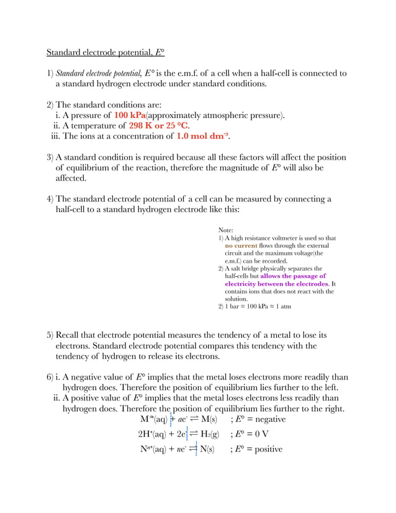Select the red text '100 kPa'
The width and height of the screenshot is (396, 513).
pyautogui.click(x=130, y=115)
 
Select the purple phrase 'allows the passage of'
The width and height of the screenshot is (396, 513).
pyautogui.click(x=292, y=276)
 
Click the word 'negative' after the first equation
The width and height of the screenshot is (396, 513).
pyautogui.click(x=268, y=420)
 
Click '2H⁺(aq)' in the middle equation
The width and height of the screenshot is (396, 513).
pyautogui.click(x=153, y=435)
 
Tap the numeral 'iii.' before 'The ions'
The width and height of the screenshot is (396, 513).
pyautogui.click(x=54, y=136)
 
